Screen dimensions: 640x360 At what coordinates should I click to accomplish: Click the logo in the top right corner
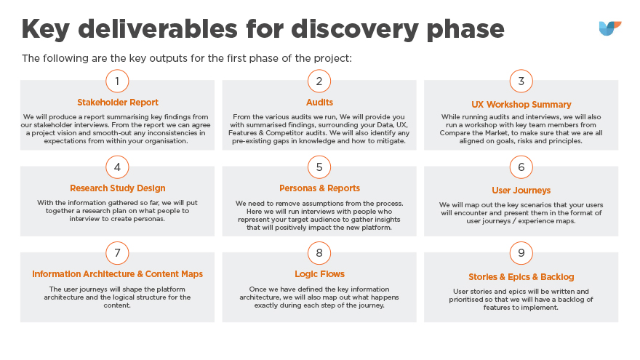coord(609,28)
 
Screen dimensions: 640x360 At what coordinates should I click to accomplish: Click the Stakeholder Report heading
coord(118,103)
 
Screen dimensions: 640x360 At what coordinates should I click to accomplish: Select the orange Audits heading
coord(319,103)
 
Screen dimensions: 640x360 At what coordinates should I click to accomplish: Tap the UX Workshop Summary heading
coord(521,105)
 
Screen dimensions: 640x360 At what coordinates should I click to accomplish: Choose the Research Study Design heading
coord(118,188)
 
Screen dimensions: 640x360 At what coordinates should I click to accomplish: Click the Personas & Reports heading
coord(319,188)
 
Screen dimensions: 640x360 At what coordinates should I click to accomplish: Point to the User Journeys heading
coord(521,191)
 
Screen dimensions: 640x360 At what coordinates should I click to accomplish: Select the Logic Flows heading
coord(319,274)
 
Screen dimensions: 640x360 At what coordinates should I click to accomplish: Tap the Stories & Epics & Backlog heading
coord(521,277)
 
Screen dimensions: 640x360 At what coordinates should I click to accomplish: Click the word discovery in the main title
coord(355,30)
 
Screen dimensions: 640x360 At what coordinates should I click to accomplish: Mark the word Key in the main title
coord(45,30)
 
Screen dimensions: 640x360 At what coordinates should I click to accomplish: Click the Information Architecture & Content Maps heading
coord(118,274)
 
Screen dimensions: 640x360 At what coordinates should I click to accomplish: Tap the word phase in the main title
coord(465,30)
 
